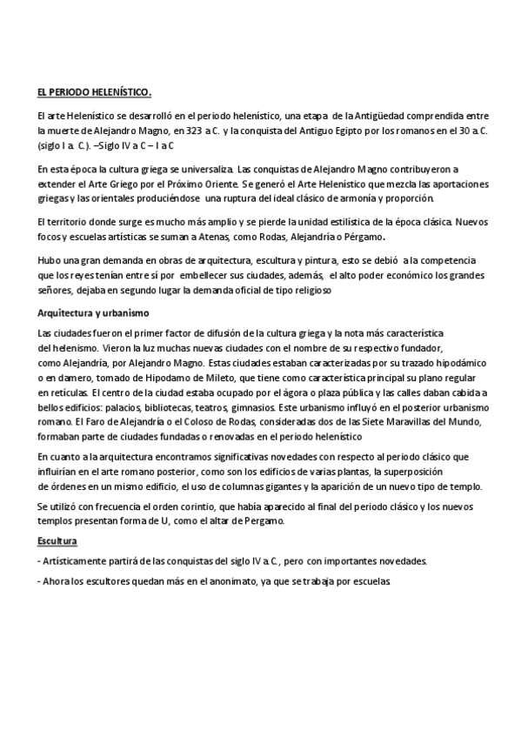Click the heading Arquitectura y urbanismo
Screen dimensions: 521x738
click(x=95, y=313)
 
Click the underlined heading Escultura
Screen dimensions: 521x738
click(x=58, y=540)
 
